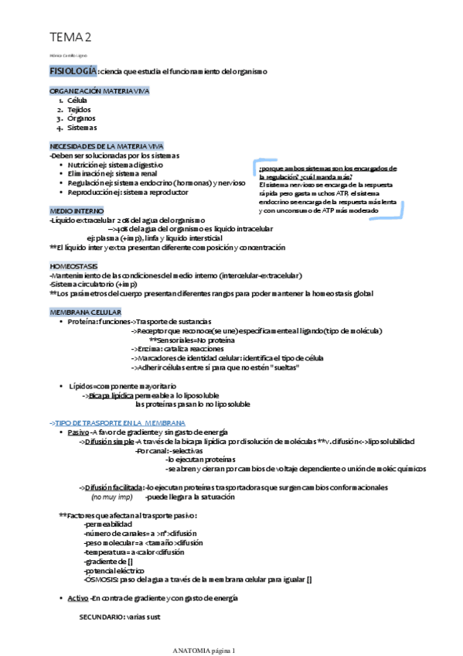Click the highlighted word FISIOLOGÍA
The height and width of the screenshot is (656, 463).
tap(73, 71)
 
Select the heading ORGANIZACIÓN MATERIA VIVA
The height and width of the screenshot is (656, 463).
tap(98, 91)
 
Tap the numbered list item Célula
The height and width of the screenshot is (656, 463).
tap(77, 101)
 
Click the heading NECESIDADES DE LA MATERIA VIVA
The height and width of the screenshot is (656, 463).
tap(106, 145)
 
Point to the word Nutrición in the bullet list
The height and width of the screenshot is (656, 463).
tap(83, 164)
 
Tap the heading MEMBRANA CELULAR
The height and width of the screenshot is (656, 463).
tap(84, 311)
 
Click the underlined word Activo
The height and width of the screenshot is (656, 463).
tap(78, 598)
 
